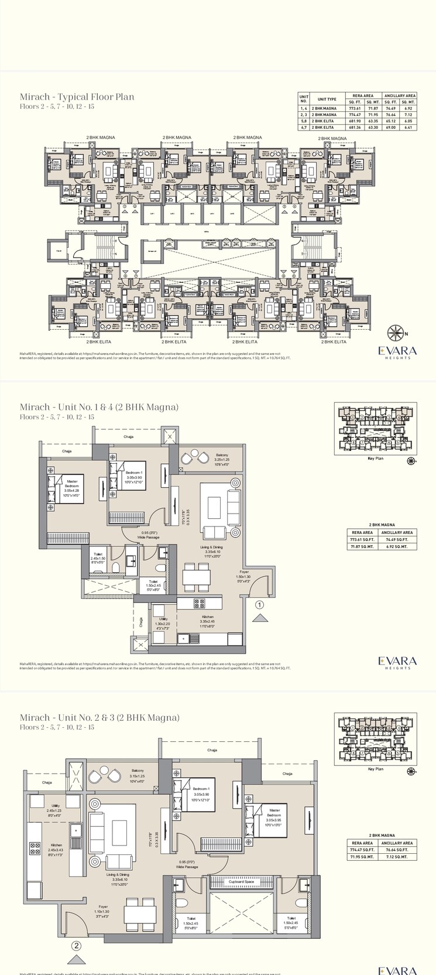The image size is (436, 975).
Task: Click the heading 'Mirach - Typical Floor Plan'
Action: point(77,97)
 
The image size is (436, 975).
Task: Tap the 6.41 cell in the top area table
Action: point(408,127)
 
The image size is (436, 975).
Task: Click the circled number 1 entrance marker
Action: point(260,605)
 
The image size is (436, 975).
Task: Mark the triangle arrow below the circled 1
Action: point(260,617)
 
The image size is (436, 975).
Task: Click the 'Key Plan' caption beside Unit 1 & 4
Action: point(375,459)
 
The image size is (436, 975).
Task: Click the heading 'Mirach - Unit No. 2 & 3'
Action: point(99,718)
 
